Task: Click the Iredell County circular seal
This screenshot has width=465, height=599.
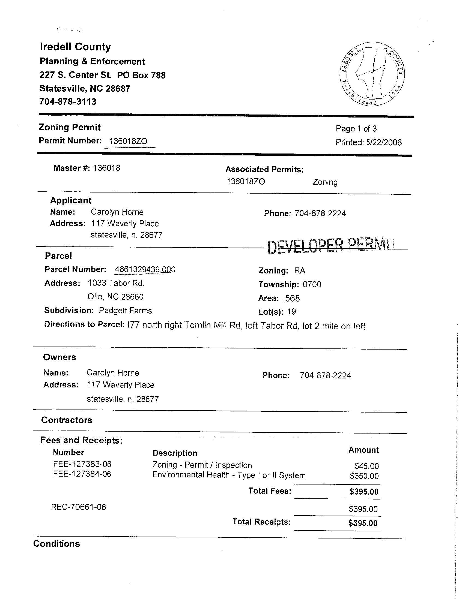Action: (372, 74)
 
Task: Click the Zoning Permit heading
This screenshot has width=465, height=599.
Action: (70, 127)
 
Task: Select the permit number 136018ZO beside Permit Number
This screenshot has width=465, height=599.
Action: (128, 141)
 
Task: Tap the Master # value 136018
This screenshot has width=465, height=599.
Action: (106, 168)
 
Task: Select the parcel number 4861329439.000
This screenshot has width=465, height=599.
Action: (145, 269)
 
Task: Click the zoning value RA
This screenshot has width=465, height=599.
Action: (299, 271)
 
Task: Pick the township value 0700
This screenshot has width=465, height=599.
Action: (312, 284)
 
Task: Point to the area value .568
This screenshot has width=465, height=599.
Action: (291, 298)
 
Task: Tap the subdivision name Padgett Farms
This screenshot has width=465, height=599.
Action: (125, 311)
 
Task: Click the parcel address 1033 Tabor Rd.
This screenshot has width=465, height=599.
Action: (116, 283)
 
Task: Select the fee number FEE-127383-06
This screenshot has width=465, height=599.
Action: (82, 464)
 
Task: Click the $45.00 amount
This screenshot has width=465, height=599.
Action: (366, 466)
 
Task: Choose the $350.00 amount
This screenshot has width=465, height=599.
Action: (364, 476)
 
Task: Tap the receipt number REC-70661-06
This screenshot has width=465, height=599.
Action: (79, 507)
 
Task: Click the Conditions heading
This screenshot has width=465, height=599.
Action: (56, 544)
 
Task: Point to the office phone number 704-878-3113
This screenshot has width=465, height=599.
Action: (68, 102)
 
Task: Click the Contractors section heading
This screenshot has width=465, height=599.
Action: (67, 420)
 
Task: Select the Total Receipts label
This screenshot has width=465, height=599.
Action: (261, 522)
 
